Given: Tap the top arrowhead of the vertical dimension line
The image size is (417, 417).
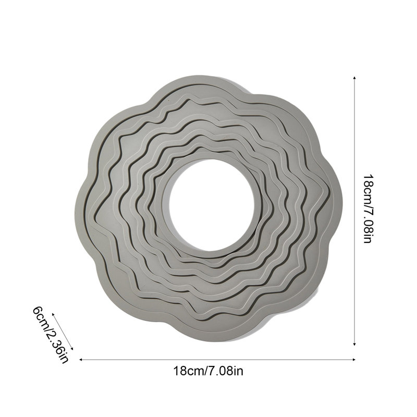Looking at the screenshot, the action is click(x=354, y=78).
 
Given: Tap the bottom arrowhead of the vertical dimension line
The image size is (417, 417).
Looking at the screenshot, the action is click(x=354, y=344).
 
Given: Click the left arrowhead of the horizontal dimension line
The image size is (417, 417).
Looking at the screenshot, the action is click(x=81, y=360).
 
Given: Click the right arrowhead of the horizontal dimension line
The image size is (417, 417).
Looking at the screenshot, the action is click(x=354, y=360).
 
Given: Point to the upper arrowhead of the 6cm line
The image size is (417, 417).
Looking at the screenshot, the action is click(x=53, y=315).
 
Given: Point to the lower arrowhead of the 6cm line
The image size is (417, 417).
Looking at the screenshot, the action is click(x=71, y=348).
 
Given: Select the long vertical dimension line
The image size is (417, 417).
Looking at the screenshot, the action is click(x=354, y=211).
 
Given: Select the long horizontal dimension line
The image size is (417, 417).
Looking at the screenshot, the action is click(x=217, y=360).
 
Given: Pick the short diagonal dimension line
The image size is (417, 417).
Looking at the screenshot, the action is click(x=63, y=332).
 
